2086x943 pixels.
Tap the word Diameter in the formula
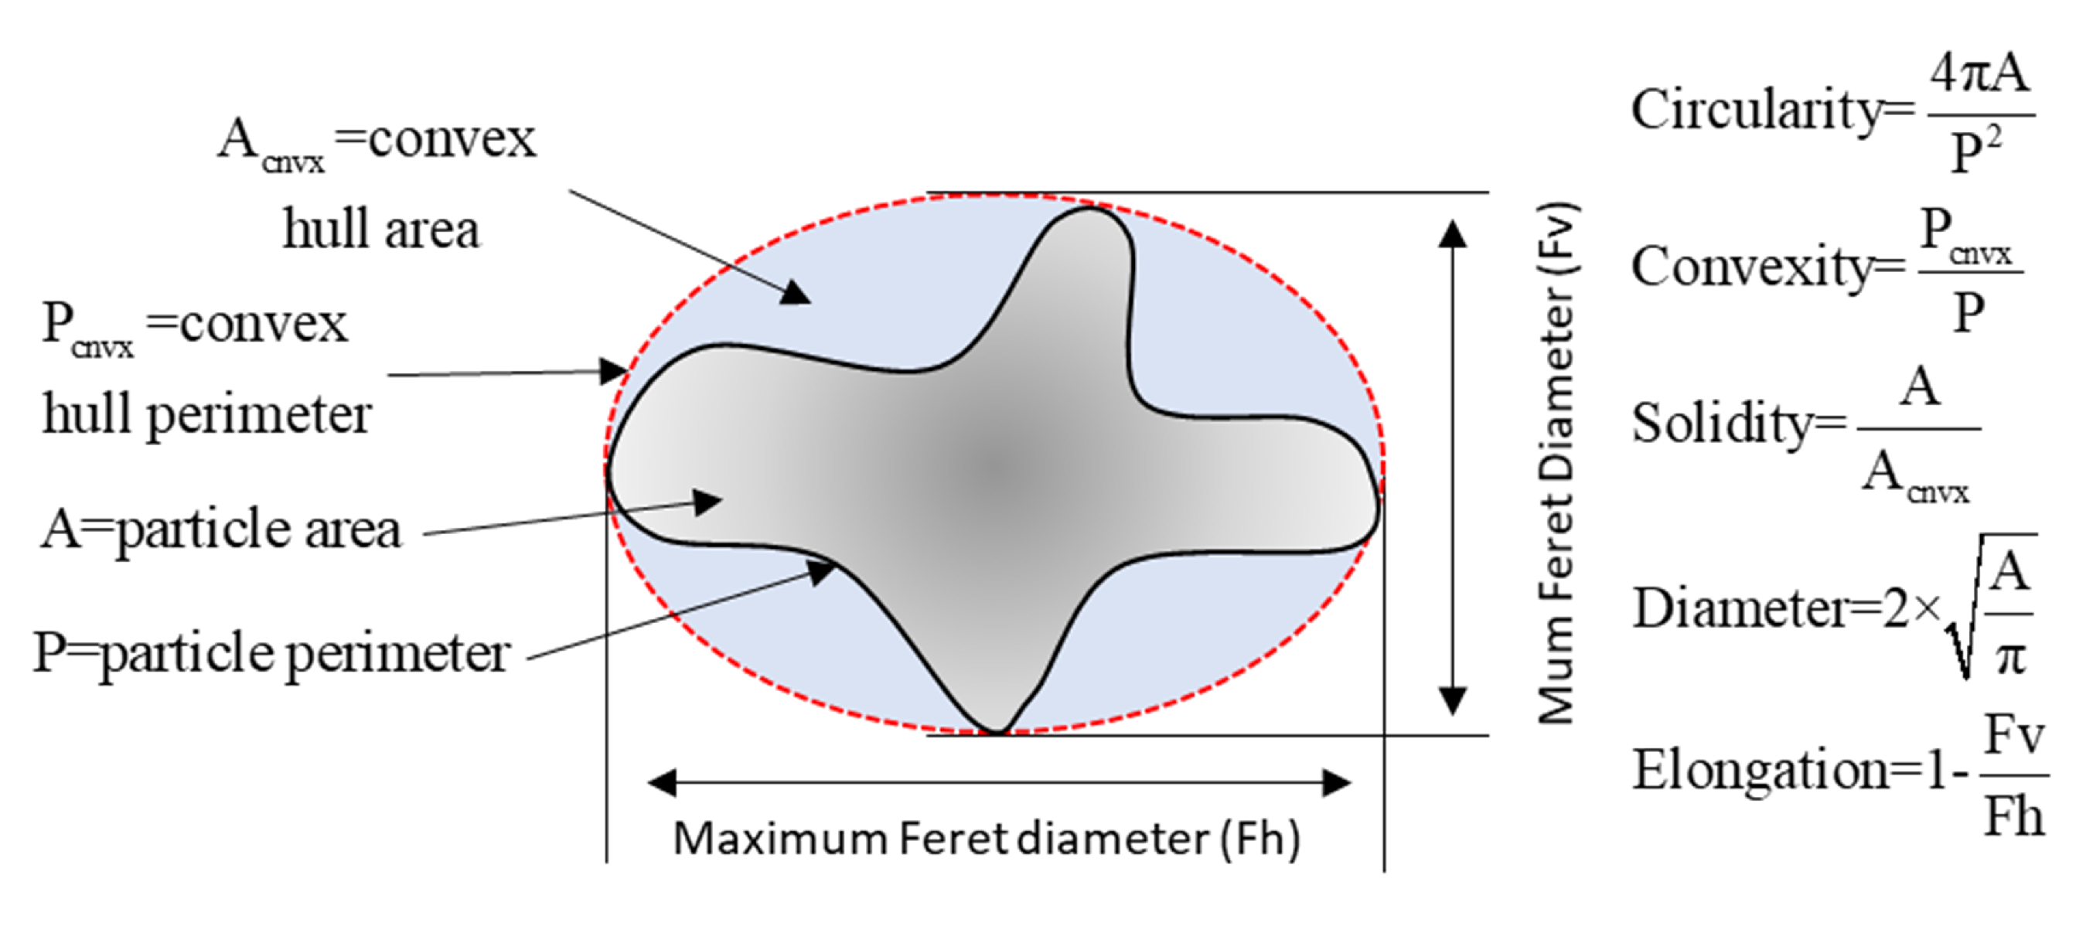click(1741, 608)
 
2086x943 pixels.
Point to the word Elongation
click(1761, 770)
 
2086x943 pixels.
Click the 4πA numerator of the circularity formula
click(1979, 74)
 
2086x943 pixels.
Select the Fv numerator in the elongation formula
click(2014, 736)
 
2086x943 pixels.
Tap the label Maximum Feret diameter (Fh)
click(987, 839)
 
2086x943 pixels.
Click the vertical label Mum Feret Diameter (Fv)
click(1556, 463)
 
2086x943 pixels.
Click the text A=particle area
click(221, 530)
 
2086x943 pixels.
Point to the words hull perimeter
click(206, 414)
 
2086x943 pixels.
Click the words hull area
click(380, 230)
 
